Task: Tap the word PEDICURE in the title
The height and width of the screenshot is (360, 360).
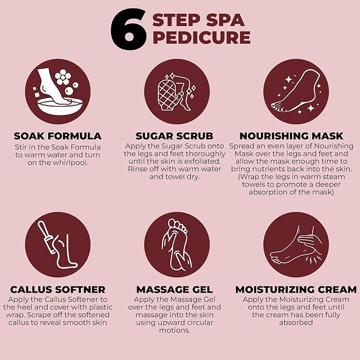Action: (201, 38)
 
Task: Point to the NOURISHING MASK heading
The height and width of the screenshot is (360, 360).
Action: (291, 136)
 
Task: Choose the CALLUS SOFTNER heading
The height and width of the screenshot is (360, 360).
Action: (58, 289)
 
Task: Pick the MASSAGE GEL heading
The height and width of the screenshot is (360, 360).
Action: (174, 289)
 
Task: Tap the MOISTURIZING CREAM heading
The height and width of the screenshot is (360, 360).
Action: (296, 289)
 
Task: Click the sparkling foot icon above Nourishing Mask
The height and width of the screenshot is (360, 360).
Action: (296, 94)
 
